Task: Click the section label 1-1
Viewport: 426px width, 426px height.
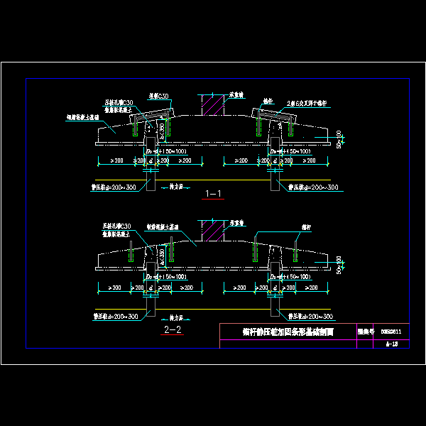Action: coord(213,193)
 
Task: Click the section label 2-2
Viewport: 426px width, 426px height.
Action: coord(173,330)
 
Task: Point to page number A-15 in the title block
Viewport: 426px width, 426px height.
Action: coord(391,343)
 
